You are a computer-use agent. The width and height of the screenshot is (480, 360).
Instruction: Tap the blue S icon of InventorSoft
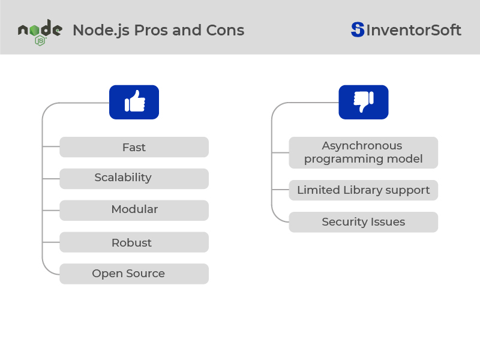(358, 29)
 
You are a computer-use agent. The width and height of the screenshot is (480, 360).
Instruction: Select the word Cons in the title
(225, 31)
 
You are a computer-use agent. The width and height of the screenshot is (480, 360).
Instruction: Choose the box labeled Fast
(134, 147)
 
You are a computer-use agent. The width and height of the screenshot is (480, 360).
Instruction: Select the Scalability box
(134, 178)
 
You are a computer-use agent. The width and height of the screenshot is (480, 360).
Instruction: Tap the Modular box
(134, 211)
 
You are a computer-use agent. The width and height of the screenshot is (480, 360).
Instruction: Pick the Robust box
(134, 242)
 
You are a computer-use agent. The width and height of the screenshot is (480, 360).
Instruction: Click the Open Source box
(134, 274)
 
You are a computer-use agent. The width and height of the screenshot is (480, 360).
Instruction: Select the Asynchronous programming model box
(364, 152)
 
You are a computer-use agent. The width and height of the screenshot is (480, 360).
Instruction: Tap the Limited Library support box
(364, 190)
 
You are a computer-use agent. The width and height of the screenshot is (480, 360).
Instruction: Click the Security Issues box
(364, 222)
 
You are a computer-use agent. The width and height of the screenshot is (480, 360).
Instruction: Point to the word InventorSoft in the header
(413, 30)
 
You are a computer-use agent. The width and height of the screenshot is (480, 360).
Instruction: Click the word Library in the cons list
(363, 190)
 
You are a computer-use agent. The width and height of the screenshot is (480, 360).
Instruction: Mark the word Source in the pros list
(145, 274)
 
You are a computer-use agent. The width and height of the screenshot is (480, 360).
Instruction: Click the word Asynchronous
(362, 146)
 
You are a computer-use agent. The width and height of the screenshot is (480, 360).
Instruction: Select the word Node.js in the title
(101, 31)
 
